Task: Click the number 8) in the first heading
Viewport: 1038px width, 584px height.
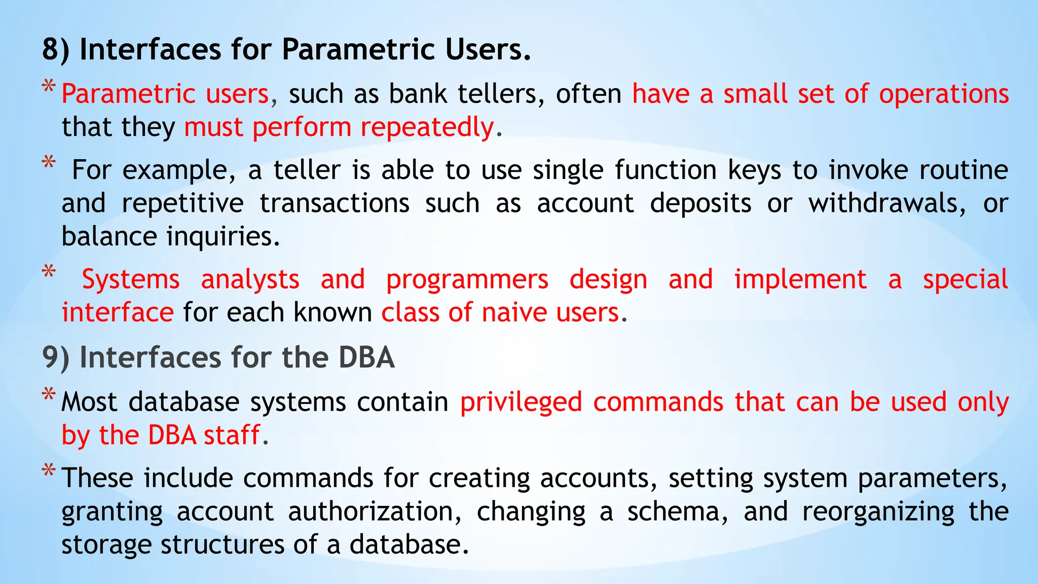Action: [x=55, y=50]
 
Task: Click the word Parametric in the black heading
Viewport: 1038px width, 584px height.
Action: [x=358, y=50]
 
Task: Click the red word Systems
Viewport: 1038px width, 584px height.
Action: [x=131, y=280]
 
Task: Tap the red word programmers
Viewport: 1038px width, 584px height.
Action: [x=467, y=280]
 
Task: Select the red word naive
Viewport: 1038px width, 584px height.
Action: [x=513, y=313]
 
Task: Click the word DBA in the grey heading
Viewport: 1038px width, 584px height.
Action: [x=366, y=357]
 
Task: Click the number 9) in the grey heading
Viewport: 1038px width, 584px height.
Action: [x=55, y=357]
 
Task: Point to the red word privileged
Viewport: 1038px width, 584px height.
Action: [x=521, y=403]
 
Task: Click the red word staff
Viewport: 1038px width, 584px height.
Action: [x=232, y=435]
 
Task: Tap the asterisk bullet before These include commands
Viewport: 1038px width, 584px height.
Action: [x=49, y=470]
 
